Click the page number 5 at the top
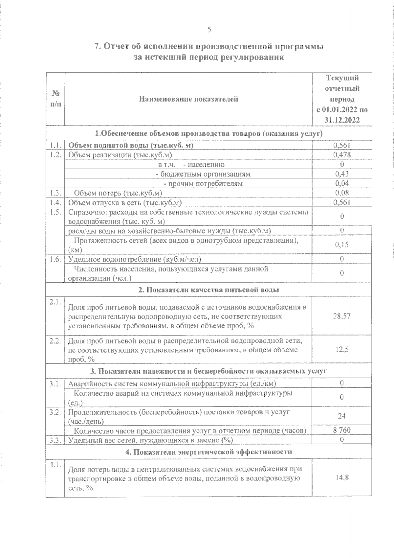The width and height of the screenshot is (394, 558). click(x=209, y=30)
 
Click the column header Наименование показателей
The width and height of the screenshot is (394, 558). click(x=188, y=99)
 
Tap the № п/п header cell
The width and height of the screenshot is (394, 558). click(x=55, y=99)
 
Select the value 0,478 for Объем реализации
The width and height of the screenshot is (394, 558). click(x=342, y=155)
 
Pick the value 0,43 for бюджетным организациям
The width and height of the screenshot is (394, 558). click(x=342, y=174)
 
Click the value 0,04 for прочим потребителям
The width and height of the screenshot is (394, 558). click(x=342, y=183)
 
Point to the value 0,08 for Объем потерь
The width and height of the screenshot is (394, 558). click(x=342, y=193)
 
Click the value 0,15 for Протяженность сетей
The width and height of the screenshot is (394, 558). click(x=342, y=245)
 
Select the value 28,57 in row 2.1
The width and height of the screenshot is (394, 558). click(x=341, y=316)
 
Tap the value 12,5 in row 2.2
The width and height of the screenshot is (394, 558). click(x=342, y=350)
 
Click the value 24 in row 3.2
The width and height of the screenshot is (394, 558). click(x=342, y=416)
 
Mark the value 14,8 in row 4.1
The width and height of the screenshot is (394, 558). click(x=342, y=478)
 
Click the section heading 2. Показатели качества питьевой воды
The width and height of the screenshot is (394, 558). click(x=209, y=290)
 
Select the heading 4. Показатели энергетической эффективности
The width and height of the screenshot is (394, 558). click(x=209, y=452)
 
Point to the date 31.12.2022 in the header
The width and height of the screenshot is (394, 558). click(x=342, y=120)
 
